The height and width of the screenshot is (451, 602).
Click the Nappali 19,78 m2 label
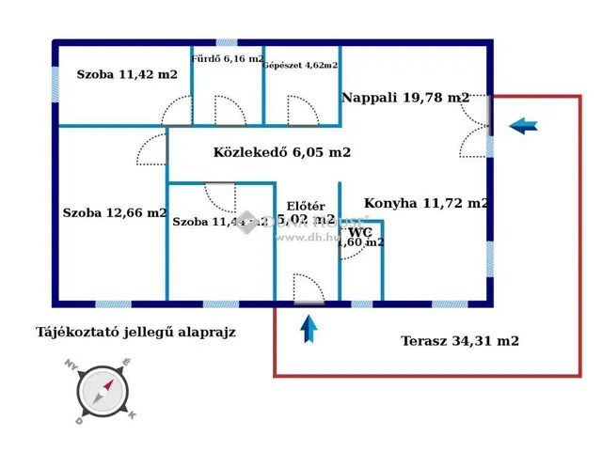(405, 97)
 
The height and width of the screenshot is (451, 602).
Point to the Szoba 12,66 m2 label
(115, 212)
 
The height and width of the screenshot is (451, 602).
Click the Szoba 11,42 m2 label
(127, 75)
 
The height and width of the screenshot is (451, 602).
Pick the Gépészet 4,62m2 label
(301, 65)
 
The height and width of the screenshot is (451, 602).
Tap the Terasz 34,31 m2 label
(459, 341)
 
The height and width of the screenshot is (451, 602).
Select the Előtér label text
(306, 207)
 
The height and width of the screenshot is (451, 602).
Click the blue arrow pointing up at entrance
(309, 330)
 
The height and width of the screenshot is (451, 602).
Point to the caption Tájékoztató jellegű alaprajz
(135, 332)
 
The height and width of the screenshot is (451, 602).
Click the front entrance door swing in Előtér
(309, 288)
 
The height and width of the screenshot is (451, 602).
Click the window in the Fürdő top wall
(228, 42)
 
